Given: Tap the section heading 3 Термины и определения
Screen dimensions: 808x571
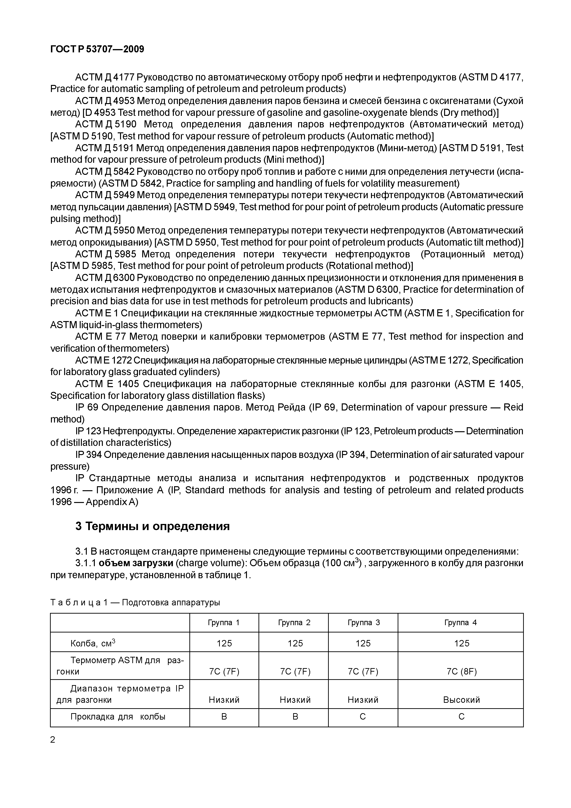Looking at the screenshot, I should coord(152,526).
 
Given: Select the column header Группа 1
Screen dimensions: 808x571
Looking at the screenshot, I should coord(224,623).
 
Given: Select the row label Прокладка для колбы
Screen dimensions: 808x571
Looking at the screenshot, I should coord(118,717).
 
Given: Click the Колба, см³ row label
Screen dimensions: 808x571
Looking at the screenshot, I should coord(93,644).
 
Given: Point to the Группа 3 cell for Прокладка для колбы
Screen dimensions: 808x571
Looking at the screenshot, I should coord(363,717).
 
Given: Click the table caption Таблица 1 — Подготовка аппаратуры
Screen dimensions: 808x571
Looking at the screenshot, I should coord(135,603).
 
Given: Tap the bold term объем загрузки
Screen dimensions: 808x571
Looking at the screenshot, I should coord(136,563).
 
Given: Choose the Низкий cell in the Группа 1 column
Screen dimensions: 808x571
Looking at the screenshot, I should coord(224,700).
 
